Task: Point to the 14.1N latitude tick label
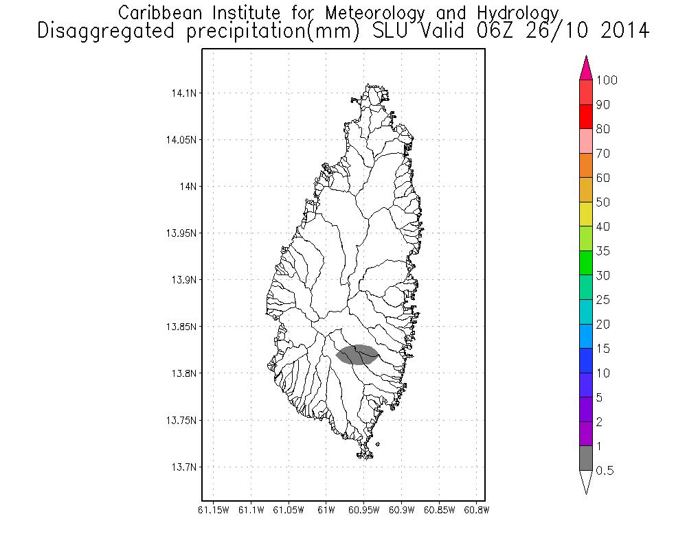pyautogui.click(x=182, y=93)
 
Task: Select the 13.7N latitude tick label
pyautogui.click(x=182, y=467)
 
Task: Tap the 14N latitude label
pyautogui.click(x=187, y=186)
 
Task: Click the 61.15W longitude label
pyautogui.click(x=213, y=510)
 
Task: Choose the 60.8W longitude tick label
pyautogui.click(x=477, y=510)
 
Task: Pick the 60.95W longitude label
pyautogui.click(x=364, y=510)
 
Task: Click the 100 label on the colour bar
pyautogui.click(x=607, y=80)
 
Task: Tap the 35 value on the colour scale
pyautogui.click(x=602, y=251)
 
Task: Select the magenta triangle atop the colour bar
pyautogui.click(x=586, y=69)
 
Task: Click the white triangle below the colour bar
pyautogui.click(x=586, y=482)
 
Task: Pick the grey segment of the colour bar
pyautogui.click(x=586, y=458)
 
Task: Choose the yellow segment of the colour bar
pyautogui.click(x=586, y=214)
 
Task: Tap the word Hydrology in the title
pyautogui.click(x=519, y=13)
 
